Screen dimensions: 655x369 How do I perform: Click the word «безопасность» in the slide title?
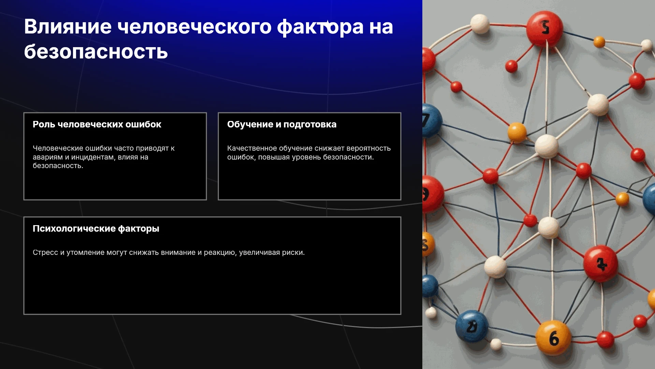(x=96, y=52)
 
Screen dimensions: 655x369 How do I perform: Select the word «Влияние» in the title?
(x=68, y=27)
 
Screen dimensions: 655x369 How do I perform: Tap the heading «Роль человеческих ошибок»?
(x=97, y=124)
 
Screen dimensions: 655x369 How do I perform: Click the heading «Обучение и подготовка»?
(x=282, y=124)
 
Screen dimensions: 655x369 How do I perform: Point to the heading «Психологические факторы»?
(x=96, y=229)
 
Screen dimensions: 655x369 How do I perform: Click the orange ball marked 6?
(x=553, y=338)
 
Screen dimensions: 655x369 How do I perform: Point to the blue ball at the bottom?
(x=472, y=326)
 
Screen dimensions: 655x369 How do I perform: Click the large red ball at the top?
(x=544, y=28)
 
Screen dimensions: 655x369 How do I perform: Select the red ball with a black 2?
(x=600, y=263)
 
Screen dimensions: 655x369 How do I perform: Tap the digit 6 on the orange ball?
(x=554, y=338)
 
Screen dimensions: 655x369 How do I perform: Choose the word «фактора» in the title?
(x=320, y=27)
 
